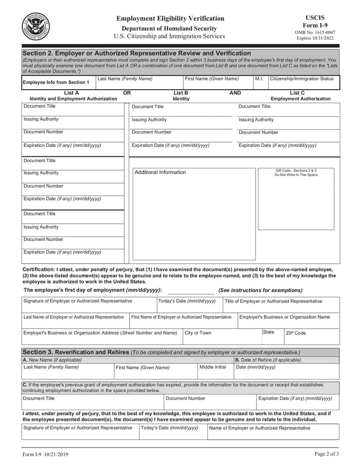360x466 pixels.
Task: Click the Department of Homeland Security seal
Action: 36,27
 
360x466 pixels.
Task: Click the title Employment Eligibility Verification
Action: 170,18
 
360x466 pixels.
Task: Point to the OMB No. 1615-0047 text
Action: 315,32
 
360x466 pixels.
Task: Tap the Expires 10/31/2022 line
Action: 315,38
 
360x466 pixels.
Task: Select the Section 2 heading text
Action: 137,53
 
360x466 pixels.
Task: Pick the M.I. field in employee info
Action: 260,83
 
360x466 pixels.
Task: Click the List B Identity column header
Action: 181,95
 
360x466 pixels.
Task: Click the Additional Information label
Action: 160,172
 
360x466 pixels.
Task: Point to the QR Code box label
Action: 296,172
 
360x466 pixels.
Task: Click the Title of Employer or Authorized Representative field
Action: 281,305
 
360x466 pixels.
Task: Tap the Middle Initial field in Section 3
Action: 215,371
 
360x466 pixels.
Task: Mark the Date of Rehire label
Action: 268,360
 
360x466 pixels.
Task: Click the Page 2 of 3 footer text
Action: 327,454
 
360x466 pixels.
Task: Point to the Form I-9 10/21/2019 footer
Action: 45,454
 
